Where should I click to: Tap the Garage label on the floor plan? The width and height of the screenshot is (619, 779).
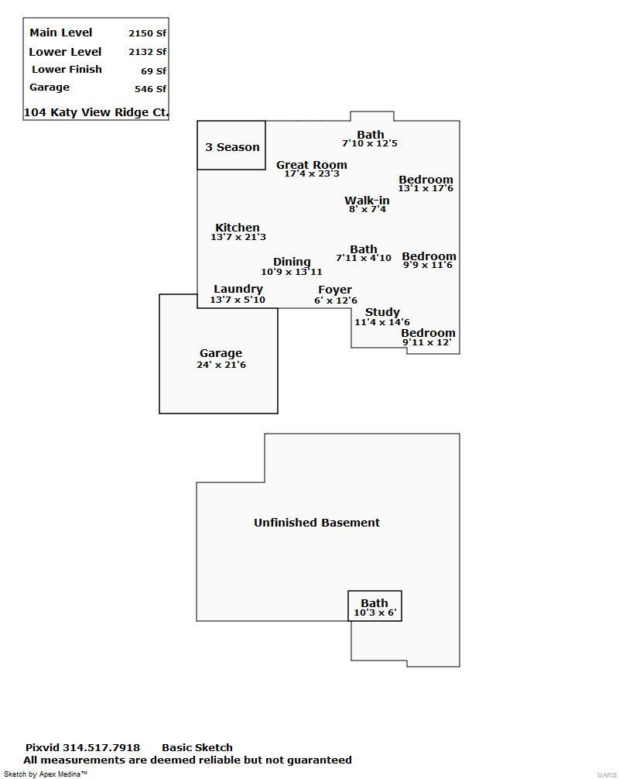(x=221, y=353)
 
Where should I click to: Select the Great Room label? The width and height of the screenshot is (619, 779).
(x=312, y=164)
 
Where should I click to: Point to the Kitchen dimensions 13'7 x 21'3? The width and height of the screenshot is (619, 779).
(x=238, y=237)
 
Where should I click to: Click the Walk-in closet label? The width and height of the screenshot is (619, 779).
(x=367, y=201)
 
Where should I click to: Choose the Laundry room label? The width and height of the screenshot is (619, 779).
(x=238, y=289)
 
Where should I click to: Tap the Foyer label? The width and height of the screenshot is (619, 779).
(x=335, y=290)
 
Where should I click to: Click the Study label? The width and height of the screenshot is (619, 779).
(x=382, y=312)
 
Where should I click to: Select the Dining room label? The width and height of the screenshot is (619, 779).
(x=292, y=262)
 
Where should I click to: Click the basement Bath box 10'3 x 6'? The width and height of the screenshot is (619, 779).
(x=374, y=606)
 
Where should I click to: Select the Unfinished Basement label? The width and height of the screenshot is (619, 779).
(x=316, y=523)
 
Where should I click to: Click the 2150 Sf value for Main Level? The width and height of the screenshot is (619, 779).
(x=148, y=33)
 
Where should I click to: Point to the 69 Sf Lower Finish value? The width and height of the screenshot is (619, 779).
(x=153, y=71)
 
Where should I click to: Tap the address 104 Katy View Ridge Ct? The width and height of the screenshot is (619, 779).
(x=96, y=112)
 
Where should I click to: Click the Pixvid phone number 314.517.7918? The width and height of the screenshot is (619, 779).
(x=101, y=747)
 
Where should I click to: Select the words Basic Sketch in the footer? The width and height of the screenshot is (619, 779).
(x=197, y=747)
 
